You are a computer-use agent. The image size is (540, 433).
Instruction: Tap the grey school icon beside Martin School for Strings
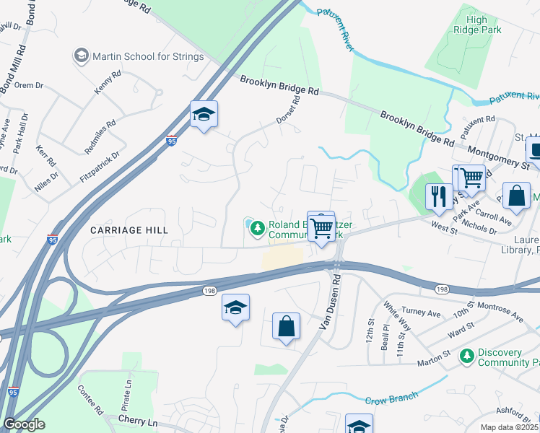coord(81,56)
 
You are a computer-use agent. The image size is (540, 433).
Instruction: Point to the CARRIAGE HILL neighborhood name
coord(129,230)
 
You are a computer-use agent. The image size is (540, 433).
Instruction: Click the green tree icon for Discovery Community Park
coord(468,355)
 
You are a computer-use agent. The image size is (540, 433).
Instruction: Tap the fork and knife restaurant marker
coord(439,196)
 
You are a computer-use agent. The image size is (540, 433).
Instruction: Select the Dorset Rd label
coord(287,110)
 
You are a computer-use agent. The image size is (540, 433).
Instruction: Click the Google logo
coord(25,424)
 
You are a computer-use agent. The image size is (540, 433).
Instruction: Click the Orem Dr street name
coord(29,85)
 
